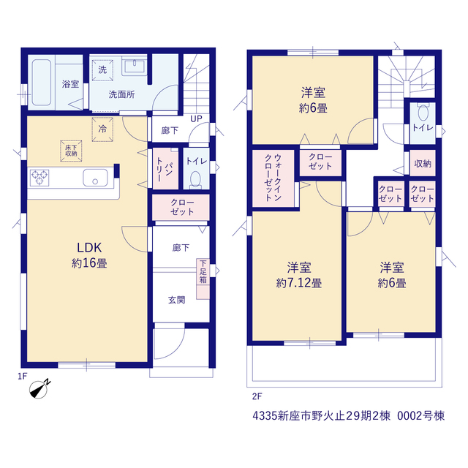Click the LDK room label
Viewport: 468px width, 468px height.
pyautogui.click(x=89, y=248)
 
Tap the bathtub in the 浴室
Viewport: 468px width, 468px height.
pyautogui.click(x=42, y=83)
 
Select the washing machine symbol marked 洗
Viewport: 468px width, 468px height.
pyautogui.click(x=102, y=70)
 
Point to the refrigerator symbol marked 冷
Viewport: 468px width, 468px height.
pyautogui.click(x=102, y=129)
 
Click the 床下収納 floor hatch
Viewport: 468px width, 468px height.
pyautogui.click(x=71, y=151)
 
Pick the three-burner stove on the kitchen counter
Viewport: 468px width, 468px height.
pyautogui.click(x=39, y=178)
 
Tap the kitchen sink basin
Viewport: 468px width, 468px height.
pyautogui.click(x=95, y=178)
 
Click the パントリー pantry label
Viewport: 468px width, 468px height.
pyautogui.click(x=164, y=169)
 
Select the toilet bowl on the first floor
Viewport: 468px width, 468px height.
pyautogui.click(x=195, y=180)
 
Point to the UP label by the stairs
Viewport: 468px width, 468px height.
pyautogui.click(x=196, y=118)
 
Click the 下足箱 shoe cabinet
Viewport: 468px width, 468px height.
pyautogui.click(x=203, y=279)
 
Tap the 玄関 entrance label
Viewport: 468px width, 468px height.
pyautogui.click(x=177, y=300)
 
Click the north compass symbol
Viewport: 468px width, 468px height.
pyautogui.click(x=39, y=389)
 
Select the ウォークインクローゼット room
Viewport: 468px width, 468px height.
pyautogui.click(x=273, y=178)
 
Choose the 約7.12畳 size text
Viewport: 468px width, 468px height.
pyautogui.click(x=299, y=283)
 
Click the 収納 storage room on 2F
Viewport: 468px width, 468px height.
pyautogui.click(x=423, y=163)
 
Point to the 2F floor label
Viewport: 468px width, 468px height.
pyautogui.click(x=257, y=396)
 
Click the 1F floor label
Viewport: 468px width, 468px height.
pyautogui.click(x=23, y=376)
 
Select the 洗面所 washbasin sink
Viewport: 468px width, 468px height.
pyautogui.click(x=135, y=66)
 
